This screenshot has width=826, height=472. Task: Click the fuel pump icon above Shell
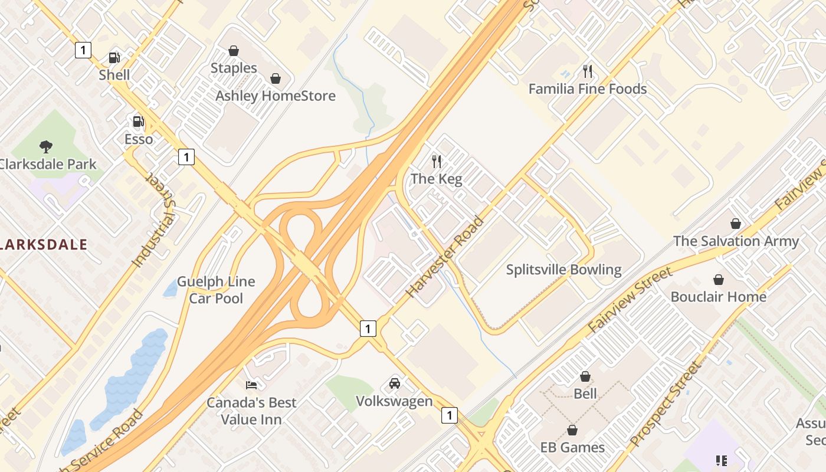[x=114, y=58]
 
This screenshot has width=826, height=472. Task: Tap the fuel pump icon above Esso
[x=139, y=122]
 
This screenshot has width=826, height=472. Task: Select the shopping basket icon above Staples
[x=234, y=51]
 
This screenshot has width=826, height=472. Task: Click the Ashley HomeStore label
[x=275, y=96]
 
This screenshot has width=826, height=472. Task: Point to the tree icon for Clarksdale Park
[x=45, y=147]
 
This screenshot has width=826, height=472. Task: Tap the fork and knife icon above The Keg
[x=437, y=161]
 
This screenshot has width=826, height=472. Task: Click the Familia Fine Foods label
[x=587, y=89]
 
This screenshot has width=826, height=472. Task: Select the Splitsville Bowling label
[x=563, y=270]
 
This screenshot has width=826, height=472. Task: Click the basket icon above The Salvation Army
[x=736, y=224]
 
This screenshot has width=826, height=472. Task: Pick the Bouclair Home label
[x=718, y=296]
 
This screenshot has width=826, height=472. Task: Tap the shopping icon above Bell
[x=585, y=376]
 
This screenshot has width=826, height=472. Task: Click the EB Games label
[x=572, y=447]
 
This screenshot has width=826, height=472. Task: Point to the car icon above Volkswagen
[x=395, y=384]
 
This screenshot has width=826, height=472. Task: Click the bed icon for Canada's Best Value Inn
[x=251, y=385]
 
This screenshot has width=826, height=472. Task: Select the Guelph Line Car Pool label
[x=216, y=290]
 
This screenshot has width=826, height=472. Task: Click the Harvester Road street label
[x=445, y=257]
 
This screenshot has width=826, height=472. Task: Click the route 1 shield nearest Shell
[x=83, y=50]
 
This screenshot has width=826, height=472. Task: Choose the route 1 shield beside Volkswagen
[x=450, y=415]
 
